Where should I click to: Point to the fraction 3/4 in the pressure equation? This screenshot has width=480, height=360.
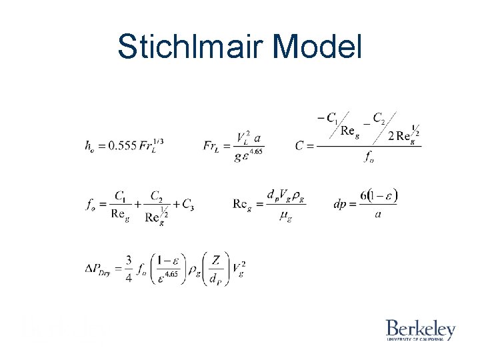(x=129, y=269)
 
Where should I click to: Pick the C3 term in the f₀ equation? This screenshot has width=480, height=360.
(x=188, y=207)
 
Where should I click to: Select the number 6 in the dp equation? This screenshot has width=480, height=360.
(x=363, y=195)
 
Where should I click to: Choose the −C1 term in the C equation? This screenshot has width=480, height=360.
(x=327, y=118)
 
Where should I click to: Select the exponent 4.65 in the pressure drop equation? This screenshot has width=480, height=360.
(x=171, y=274)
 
